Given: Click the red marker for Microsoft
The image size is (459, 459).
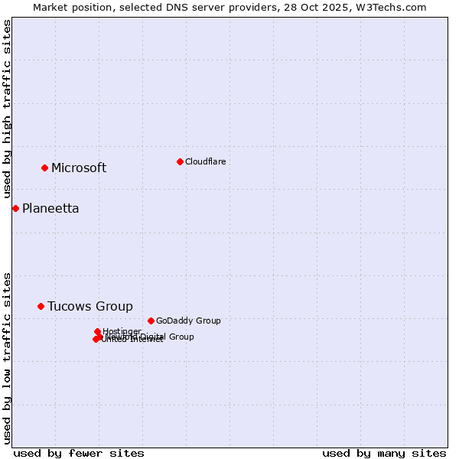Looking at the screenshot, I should click(x=44, y=168).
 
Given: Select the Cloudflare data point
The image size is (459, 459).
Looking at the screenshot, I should click(x=180, y=161).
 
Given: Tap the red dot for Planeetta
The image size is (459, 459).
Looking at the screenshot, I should click(x=15, y=208).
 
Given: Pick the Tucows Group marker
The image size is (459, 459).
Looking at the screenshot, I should click(x=41, y=306).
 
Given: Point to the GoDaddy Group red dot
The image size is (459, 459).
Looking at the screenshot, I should click(x=151, y=321).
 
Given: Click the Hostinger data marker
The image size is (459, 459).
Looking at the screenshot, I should click(x=97, y=331).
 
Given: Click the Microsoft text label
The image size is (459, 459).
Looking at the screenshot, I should click(x=79, y=168).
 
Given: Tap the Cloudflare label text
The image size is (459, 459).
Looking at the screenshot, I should click(x=205, y=161).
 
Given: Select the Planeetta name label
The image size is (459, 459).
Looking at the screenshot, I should click(x=50, y=209).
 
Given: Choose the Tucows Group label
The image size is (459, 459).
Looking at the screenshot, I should click(x=90, y=307).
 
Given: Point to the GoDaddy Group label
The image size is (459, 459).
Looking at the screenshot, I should click(x=188, y=321).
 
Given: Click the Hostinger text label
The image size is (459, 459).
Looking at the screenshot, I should click(x=122, y=330).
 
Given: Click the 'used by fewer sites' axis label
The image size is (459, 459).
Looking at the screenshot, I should click(x=79, y=453).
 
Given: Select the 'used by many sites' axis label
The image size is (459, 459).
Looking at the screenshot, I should click(x=384, y=453).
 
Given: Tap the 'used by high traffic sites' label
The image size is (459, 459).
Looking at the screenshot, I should click(x=8, y=109).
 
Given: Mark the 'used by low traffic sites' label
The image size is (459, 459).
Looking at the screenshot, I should click(x=8, y=357).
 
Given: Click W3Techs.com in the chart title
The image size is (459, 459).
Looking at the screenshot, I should click(x=394, y=7).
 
